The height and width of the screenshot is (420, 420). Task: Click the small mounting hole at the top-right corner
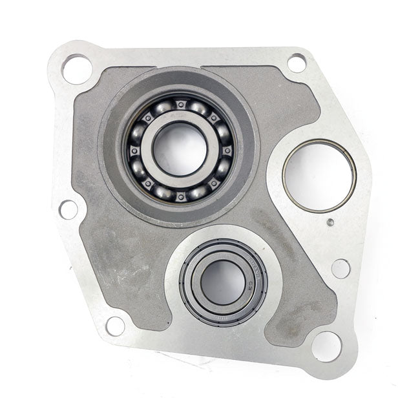pos(297,63)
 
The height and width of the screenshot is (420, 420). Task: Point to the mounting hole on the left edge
pos(68,209)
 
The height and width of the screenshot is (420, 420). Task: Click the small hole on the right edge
pos(341,268)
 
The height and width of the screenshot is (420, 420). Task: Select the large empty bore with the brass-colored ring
pos(319,175)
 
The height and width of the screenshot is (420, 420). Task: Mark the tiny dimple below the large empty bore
pos(330,222)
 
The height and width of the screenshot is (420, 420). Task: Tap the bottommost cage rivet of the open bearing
pos(180,196)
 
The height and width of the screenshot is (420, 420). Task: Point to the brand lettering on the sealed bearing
pos(246,266)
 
